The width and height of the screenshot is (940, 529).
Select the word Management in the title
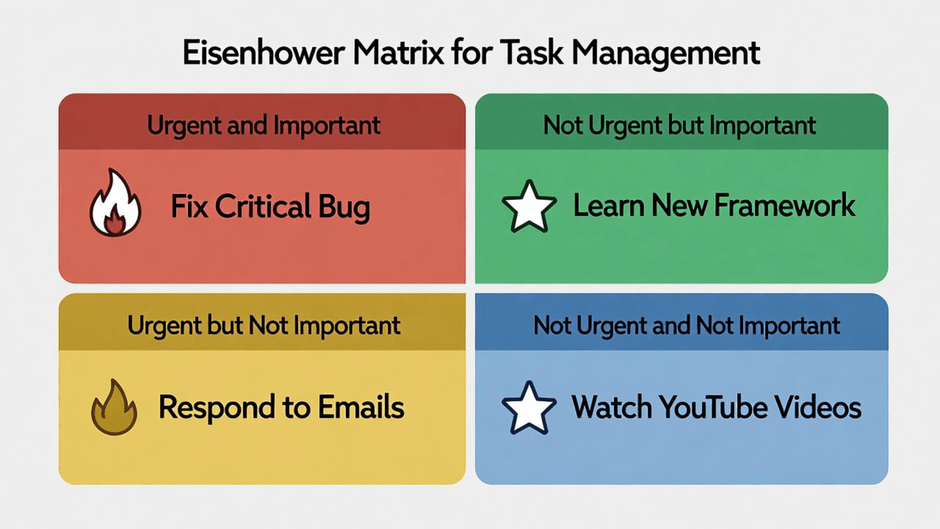pos(666,53)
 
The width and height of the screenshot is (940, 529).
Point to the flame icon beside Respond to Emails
pos(114,408)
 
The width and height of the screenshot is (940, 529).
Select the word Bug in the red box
pos(344,207)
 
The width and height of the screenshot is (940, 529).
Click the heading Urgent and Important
pos(263,125)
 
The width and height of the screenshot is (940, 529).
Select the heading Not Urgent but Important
pos(679,125)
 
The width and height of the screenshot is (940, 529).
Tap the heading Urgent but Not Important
pos(263,326)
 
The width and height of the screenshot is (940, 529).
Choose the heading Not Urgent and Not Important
pos(686,326)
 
